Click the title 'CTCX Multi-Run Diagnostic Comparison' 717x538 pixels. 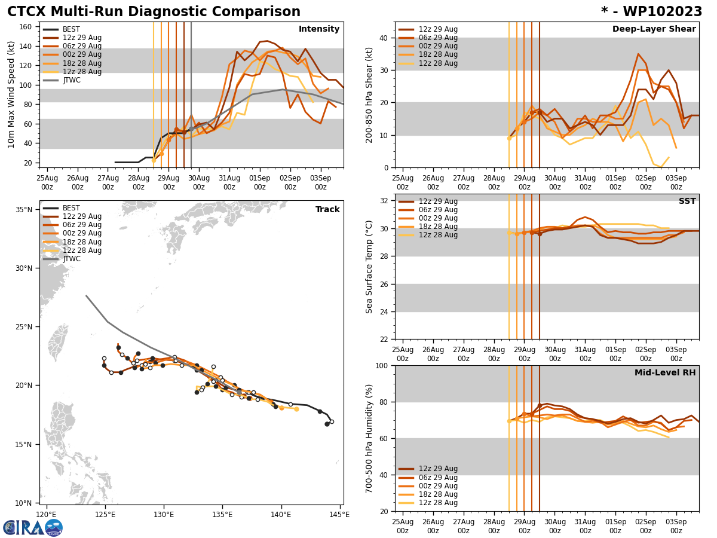pos(154,12)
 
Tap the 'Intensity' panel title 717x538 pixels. pos(319,29)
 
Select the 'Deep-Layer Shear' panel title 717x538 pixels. pos(654,29)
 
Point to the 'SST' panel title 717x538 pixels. pos(687,201)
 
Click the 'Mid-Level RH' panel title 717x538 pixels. pos(665,373)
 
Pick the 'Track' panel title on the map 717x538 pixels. pos(327,210)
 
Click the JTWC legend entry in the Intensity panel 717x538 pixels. pos(71,80)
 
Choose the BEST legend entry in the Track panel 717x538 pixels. pos(71,208)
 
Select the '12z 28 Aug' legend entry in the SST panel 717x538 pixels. pos(438,235)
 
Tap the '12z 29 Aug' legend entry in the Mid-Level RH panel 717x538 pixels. pos(438,469)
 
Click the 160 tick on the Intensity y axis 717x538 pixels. pos(27,27)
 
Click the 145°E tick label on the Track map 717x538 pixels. pos(338,515)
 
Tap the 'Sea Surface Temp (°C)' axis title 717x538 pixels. pos(369,267)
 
